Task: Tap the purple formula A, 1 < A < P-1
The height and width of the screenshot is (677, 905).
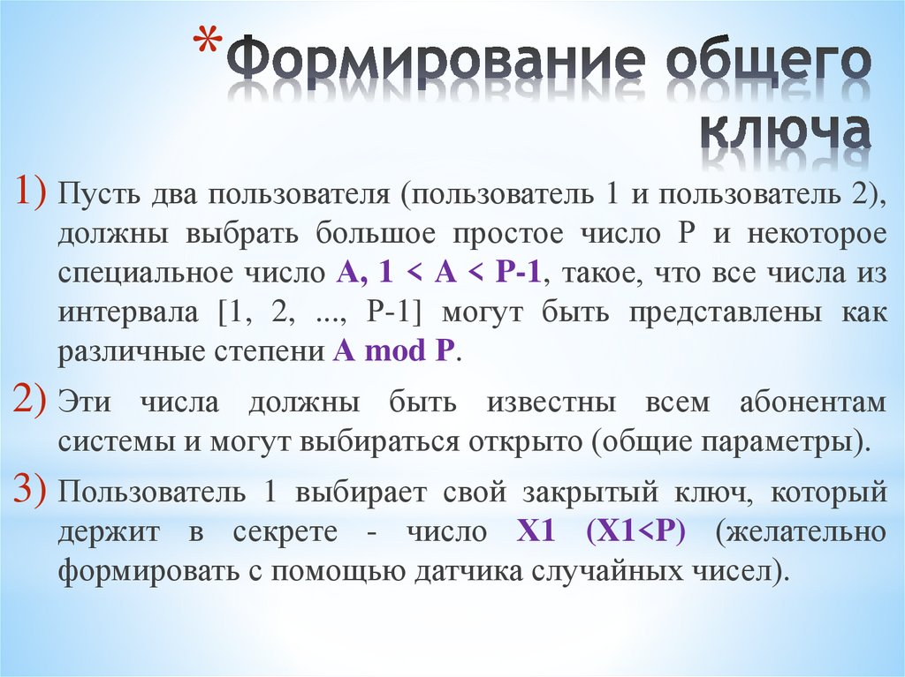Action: (x=438, y=273)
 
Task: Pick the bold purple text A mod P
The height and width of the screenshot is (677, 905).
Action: (x=394, y=350)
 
